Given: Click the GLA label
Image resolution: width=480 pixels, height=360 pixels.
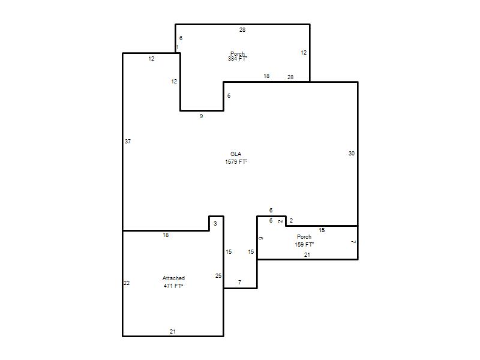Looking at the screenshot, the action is pos(236,154).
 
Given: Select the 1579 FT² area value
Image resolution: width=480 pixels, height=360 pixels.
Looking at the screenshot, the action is pos(236,161).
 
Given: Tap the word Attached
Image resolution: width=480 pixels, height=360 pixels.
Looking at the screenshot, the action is pos(173,278).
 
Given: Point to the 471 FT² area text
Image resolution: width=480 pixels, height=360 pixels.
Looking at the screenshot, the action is pos(173,286).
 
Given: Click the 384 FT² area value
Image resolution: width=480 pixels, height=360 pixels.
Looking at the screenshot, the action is pos(238,59).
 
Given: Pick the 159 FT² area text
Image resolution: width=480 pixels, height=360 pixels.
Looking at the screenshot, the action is pos(304,245).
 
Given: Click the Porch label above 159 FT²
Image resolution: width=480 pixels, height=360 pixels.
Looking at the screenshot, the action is pos(304,237).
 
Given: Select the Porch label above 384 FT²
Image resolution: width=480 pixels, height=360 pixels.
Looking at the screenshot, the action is pos(238,54).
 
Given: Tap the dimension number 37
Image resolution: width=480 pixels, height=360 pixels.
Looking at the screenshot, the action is pos(128,142).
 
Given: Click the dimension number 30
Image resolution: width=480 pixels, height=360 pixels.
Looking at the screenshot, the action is pos(352,154).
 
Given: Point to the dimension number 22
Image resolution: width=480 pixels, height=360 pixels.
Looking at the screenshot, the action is pos(127,283).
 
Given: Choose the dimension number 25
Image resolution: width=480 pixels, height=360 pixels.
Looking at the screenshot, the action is pos(218,276).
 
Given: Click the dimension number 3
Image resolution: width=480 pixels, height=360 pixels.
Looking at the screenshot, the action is pos(215,224).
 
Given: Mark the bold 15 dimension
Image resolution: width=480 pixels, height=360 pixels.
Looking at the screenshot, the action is pos(322,230).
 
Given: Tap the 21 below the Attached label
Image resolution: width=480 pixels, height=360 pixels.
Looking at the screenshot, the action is pos(173,332).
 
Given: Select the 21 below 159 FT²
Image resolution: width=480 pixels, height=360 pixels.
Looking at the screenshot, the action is pos(307,254).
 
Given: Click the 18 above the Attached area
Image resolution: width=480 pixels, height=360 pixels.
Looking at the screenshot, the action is pos(166,235).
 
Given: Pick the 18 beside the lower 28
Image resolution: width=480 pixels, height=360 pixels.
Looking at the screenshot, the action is pos(266,76).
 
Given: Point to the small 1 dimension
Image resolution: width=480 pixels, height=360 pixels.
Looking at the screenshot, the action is pos(177,47).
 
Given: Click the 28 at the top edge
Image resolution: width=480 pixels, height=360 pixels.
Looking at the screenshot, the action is pos(242,29).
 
